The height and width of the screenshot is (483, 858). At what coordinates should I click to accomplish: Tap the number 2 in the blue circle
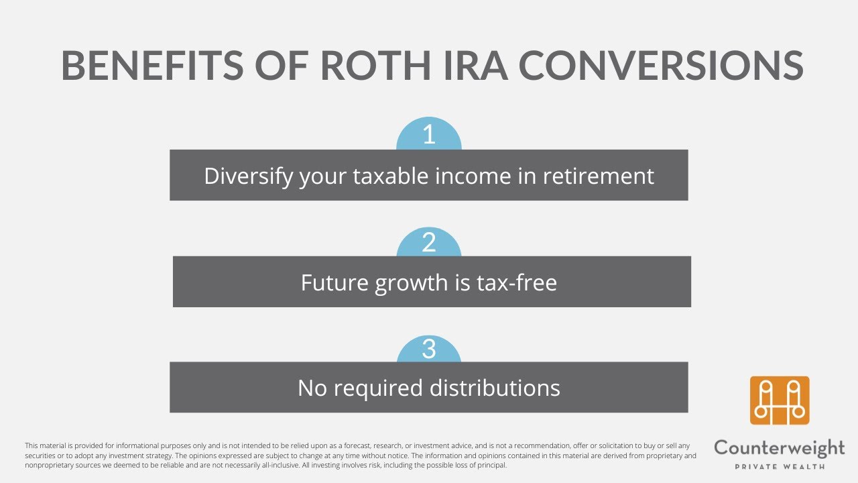[x=429, y=243]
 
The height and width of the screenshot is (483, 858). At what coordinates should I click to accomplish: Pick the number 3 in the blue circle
[x=429, y=350]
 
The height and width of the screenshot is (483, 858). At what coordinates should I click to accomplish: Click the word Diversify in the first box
[x=248, y=176]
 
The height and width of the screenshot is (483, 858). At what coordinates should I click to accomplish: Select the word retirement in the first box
[x=598, y=176]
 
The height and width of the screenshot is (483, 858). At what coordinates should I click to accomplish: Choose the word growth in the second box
[x=412, y=282]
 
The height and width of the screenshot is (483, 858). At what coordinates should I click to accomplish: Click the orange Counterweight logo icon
[x=780, y=400]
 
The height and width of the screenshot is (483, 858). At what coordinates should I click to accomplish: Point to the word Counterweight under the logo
[x=780, y=448]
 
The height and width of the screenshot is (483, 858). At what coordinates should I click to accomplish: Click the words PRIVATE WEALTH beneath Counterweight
[x=780, y=466]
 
